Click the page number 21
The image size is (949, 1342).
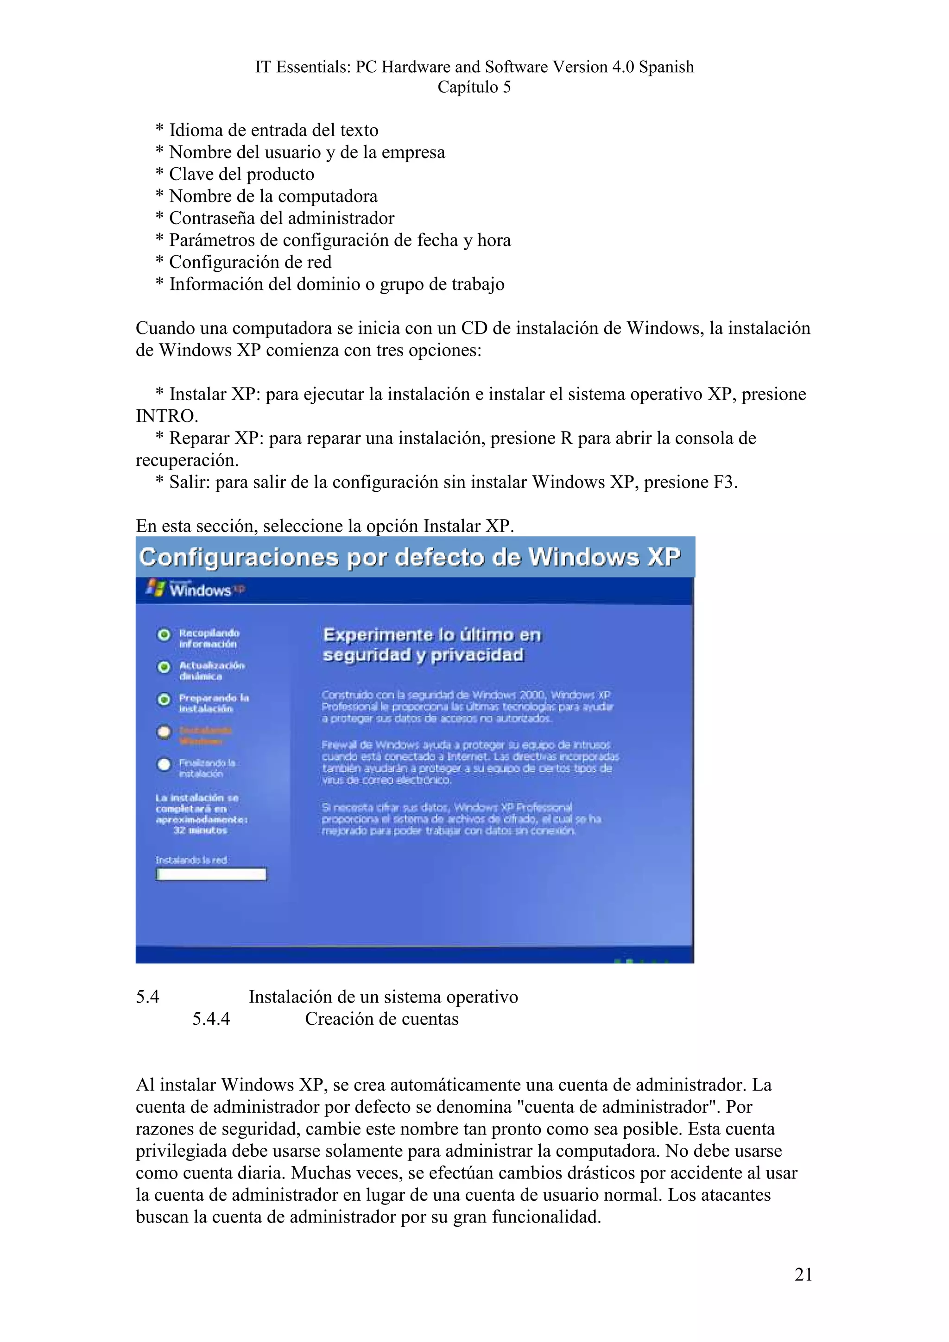(803, 1274)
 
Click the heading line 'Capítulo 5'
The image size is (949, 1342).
(474, 87)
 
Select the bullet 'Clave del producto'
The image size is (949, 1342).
(241, 174)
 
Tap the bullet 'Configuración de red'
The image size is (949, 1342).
(250, 262)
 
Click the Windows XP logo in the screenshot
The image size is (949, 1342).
(195, 589)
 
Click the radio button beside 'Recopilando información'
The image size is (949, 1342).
(164, 634)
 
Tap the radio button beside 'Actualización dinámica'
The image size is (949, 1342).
(164, 667)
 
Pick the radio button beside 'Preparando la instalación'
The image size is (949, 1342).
(164, 699)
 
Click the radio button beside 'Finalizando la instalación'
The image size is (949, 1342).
(164, 764)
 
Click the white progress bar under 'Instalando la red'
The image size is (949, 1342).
(211, 874)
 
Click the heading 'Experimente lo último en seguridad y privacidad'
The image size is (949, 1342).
(432, 645)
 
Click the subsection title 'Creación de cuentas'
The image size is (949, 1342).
(381, 1019)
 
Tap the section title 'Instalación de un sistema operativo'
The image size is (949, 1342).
(383, 997)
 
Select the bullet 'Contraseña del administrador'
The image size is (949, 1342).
(281, 218)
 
